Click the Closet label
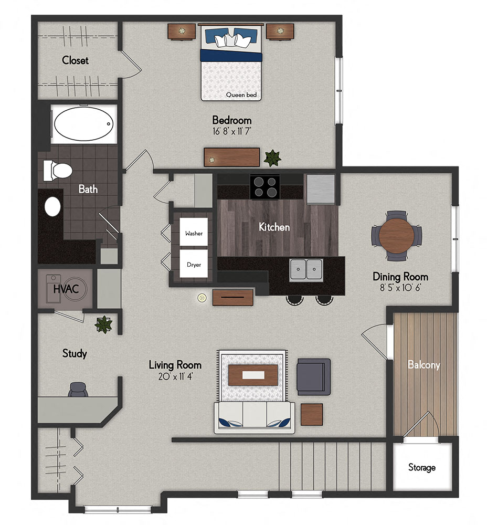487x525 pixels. pyautogui.click(x=75, y=60)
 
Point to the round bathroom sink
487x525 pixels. pyautogui.click(x=52, y=206)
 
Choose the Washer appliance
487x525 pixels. pyautogui.click(x=194, y=233)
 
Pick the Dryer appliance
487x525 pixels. pyautogui.click(x=194, y=265)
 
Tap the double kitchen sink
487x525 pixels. pyautogui.click(x=306, y=269)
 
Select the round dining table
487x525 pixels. pyautogui.click(x=397, y=236)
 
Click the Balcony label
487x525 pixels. pyautogui.click(x=424, y=365)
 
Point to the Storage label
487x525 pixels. pyautogui.click(x=422, y=467)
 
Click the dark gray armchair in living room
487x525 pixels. pyautogui.click(x=313, y=376)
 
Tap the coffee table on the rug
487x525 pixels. pyautogui.click(x=253, y=375)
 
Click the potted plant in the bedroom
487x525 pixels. pyautogui.click(x=272, y=157)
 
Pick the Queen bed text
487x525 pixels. pyautogui.click(x=237, y=95)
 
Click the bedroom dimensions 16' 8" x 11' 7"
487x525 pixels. pyautogui.click(x=231, y=131)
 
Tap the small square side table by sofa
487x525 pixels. pyautogui.click(x=311, y=414)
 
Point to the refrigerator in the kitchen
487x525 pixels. pyautogui.click(x=321, y=189)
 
